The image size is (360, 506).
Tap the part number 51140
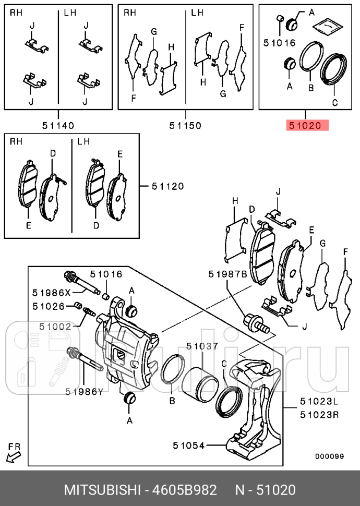pyautogui.click(x=58, y=125)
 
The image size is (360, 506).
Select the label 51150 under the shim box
pyautogui.click(x=185, y=125)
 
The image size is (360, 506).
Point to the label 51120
pyautogui.click(x=167, y=186)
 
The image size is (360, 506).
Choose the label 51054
pyautogui.click(x=189, y=445)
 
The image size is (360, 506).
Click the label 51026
pyautogui.click(x=49, y=306)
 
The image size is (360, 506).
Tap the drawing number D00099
pyautogui.click(x=329, y=456)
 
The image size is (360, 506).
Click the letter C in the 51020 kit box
pyautogui.click(x=334, y=102)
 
